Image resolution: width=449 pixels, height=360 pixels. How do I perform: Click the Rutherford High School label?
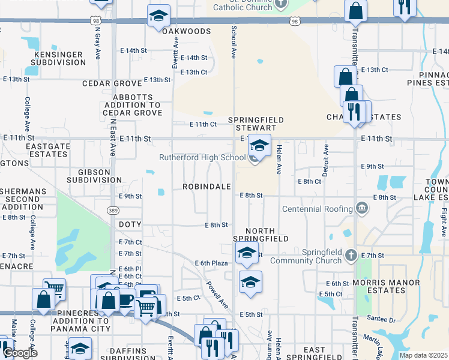202,158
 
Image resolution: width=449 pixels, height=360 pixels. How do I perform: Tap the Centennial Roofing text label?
318,209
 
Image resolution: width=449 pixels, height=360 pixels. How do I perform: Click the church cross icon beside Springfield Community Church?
352,256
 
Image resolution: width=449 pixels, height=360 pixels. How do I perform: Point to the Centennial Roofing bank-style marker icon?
361,208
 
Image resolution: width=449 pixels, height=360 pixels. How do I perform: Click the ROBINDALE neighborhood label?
207,187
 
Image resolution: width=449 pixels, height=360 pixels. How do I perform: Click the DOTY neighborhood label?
130,224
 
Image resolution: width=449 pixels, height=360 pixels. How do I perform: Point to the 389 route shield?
113,210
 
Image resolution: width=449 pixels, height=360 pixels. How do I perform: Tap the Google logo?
19,353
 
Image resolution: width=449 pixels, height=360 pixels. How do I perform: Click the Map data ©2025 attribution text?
423,355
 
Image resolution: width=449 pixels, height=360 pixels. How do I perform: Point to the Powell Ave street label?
217,295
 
